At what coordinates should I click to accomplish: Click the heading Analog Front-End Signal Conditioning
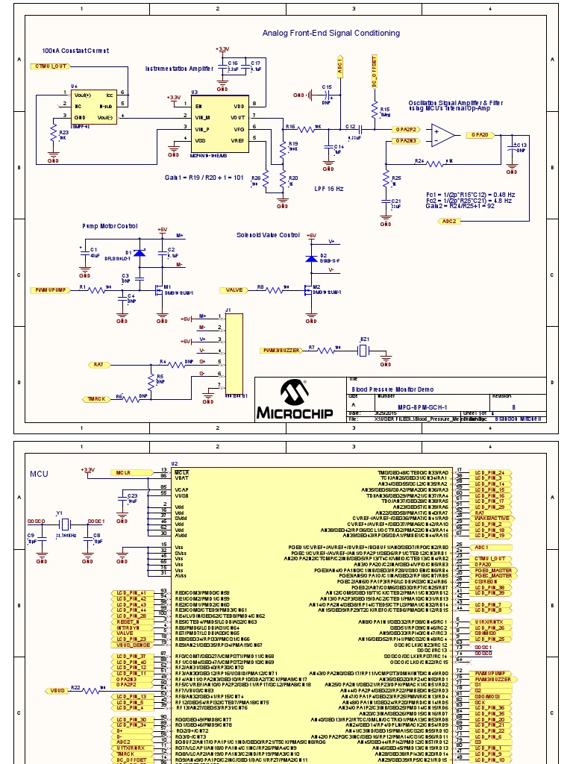pos(331,33)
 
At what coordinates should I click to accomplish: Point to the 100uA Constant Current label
pos(75,51)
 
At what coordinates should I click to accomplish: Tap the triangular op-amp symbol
pos(445,135)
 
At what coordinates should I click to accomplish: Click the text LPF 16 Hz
pos(329,189)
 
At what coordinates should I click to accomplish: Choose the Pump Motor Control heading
pos(110,225)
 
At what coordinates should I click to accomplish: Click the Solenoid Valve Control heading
pos(268,235)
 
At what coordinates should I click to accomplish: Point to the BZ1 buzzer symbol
pos(365,349)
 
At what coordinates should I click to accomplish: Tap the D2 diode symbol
pos(312,258)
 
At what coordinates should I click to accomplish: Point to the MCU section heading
pos(39,474)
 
